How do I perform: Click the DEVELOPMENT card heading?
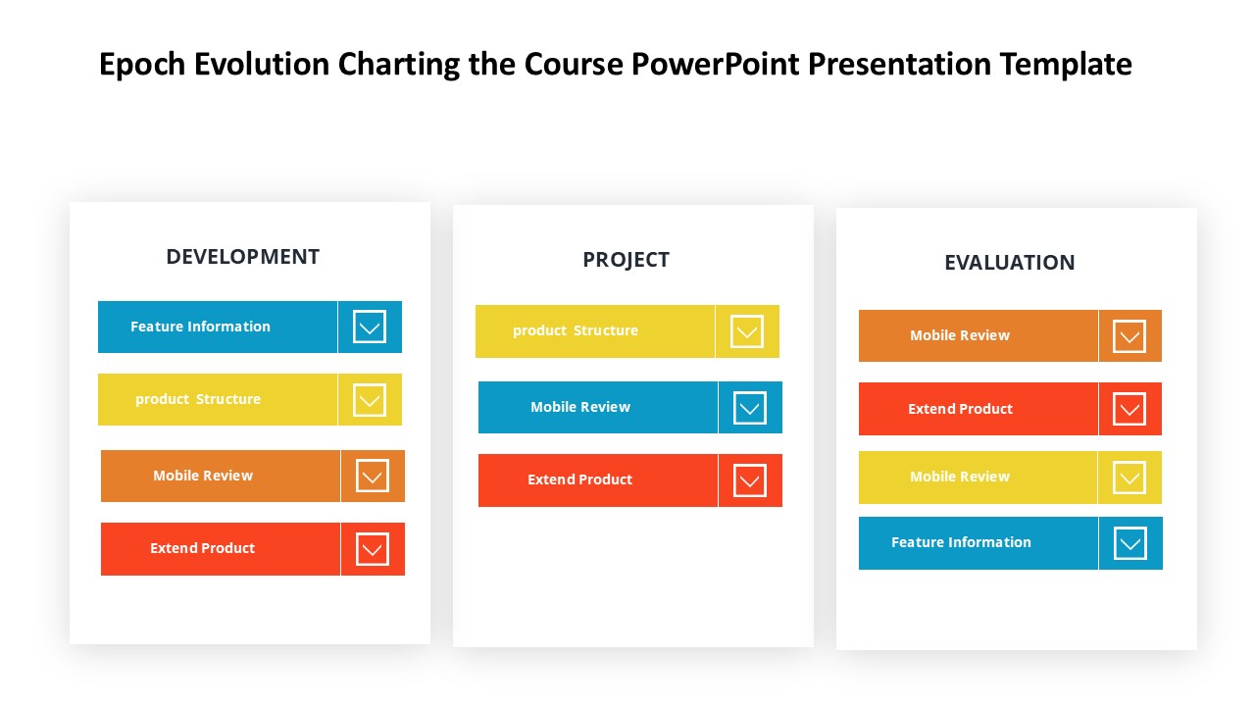coord(242,257)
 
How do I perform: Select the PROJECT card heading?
coord(626,260)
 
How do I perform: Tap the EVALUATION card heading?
coord(1009,263)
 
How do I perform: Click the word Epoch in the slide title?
coord(142,65)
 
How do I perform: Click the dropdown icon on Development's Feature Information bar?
coord(370,327)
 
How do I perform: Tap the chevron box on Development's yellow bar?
coord(370,400)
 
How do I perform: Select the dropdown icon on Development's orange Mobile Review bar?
coord(372,477)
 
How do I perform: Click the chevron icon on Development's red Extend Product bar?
coord(372,549)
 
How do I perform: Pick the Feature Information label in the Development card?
coord(200,327)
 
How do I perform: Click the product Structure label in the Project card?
coord(576,331)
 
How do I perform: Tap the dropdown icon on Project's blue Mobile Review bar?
coord(750,408)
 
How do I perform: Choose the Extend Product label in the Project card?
coord(579,479)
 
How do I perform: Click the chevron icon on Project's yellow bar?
coord(747,331)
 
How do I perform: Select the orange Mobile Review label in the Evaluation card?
coord(959,335)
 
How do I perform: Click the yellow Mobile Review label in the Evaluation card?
coord(959,477)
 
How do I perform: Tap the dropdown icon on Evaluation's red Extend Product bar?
coord(1129,409)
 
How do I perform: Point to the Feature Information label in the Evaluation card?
coord(961,542)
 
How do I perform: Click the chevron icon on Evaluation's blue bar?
coord(1130,543)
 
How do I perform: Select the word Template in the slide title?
coord(1066,65)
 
